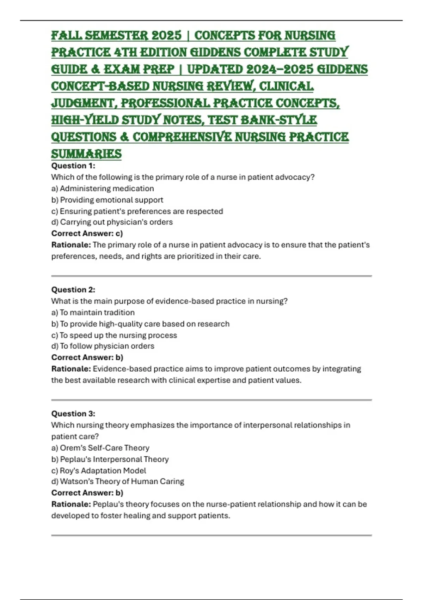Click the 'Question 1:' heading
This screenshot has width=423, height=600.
73,166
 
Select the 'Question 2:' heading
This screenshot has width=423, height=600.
73,290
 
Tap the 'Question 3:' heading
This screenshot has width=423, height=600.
73,414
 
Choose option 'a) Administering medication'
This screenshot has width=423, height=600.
103,188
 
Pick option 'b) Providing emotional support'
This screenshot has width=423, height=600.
107,200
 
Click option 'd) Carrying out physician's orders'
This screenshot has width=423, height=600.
112,222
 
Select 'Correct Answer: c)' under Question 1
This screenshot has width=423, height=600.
87,233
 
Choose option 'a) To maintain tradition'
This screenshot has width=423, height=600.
93,312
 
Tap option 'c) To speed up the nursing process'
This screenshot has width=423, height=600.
114,335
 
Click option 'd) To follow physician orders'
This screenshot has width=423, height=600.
103,346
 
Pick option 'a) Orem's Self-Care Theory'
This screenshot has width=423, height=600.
100,448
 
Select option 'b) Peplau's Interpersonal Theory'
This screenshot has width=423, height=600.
110,459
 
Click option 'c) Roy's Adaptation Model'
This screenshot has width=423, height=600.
99,470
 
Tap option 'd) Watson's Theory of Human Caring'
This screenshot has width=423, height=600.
118,481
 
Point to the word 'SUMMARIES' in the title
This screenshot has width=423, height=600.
86,154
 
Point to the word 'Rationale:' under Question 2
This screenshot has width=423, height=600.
71,369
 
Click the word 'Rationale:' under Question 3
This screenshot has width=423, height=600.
71,504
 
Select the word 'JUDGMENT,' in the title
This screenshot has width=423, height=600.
84,103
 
